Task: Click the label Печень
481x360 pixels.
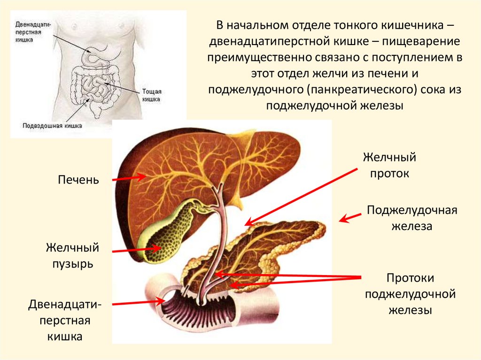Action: (78, 180)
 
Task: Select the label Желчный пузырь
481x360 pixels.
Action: (72, 255)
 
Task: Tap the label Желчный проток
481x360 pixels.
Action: (389, 165)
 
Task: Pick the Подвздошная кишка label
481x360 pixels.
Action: (52, 125)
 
